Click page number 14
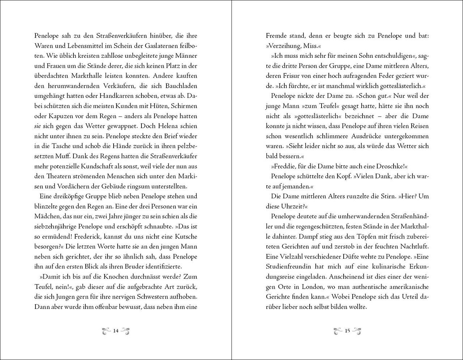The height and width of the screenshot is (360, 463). (116, 331)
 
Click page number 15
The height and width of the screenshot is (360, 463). (347, 331)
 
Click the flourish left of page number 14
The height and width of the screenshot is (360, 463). (106, 331)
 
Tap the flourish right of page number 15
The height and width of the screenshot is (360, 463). (357, 331)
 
